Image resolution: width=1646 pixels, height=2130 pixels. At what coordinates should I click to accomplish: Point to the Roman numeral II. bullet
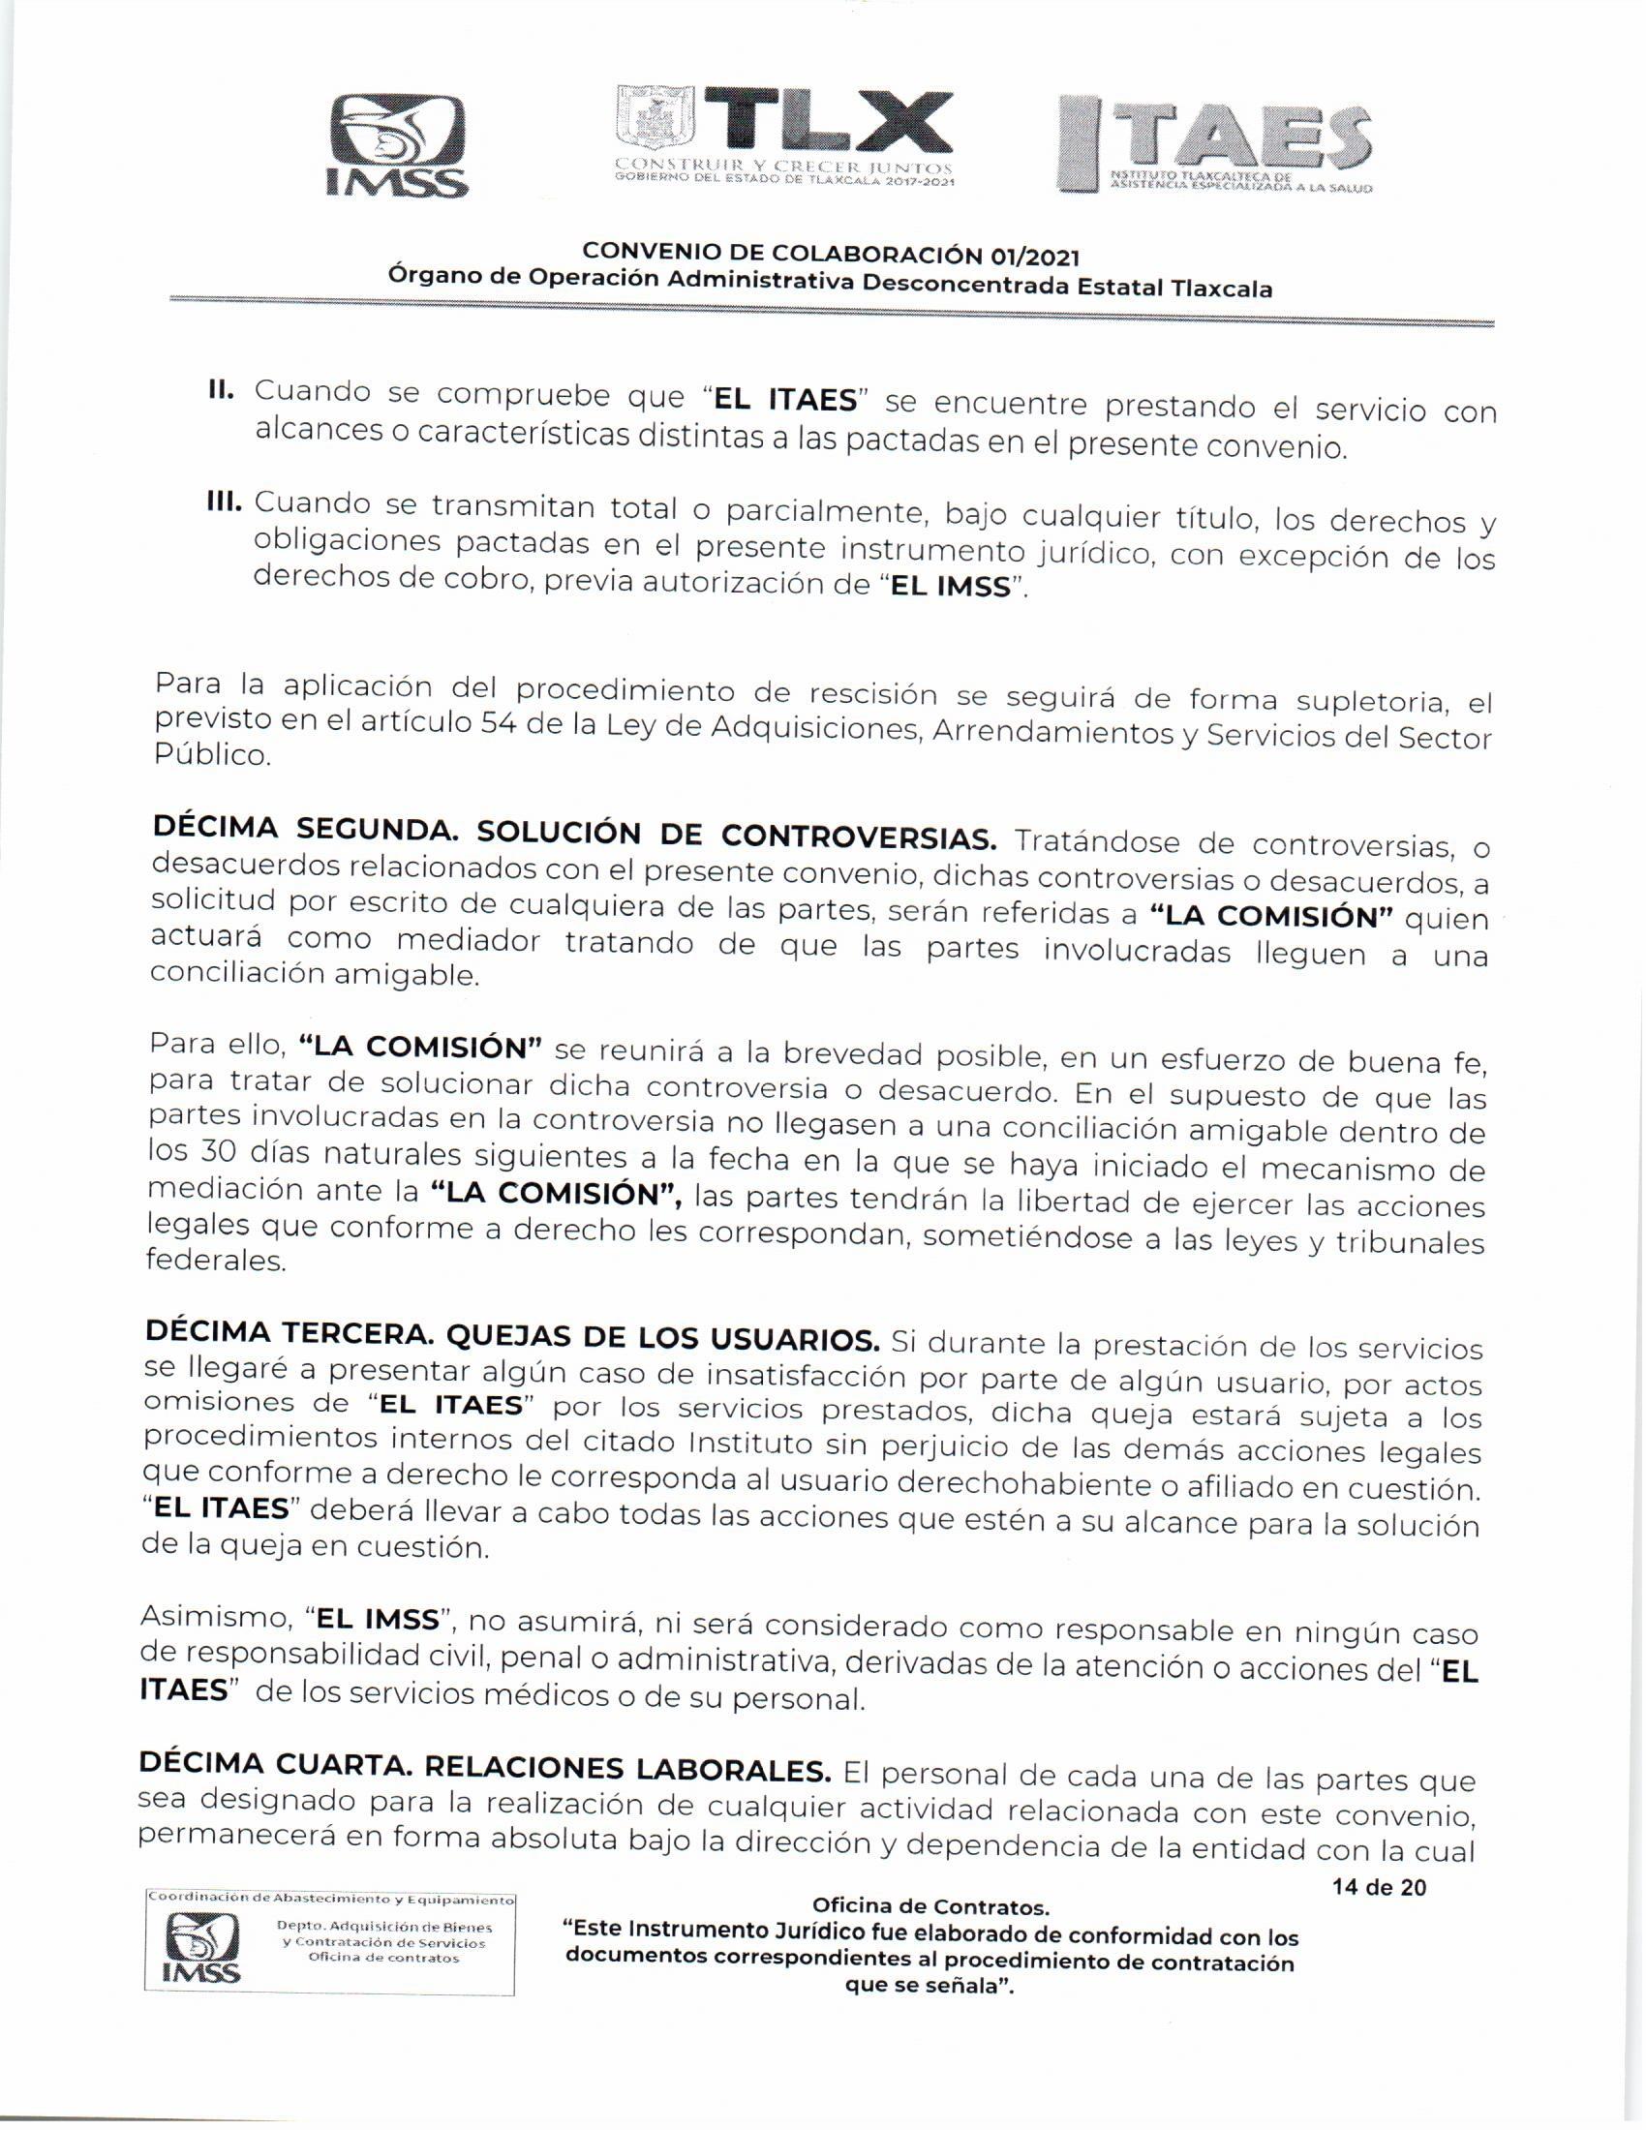click(222, 389)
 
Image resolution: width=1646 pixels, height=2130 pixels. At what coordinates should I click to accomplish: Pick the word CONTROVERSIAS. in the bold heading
click(858, 837)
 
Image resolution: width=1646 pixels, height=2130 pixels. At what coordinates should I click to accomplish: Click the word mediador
click(468, 941)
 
